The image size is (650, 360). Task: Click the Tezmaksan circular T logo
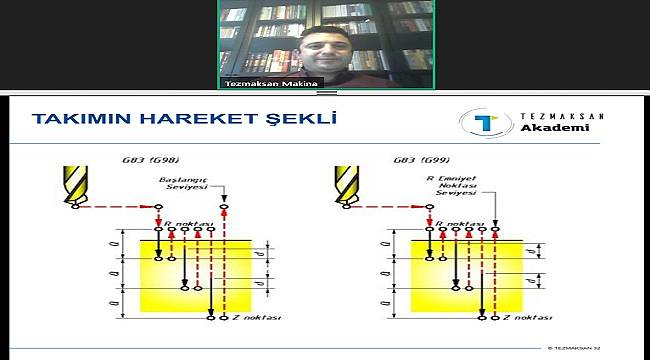(478, 124)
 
